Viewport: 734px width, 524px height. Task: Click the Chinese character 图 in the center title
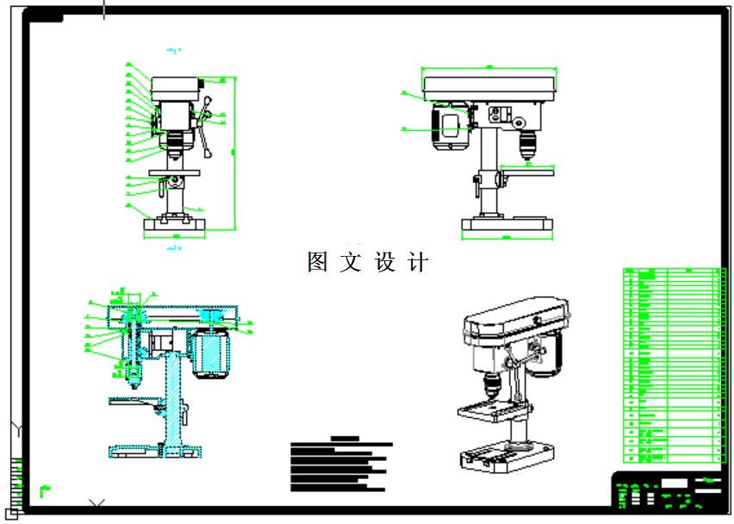coord(317,262)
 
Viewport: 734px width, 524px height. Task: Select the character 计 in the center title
coord(418,262)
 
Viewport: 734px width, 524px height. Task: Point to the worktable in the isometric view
coord(487,410)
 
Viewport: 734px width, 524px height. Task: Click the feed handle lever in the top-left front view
coord(206,129)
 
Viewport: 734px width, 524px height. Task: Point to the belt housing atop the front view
coord(176,86)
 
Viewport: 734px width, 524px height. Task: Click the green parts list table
coord(670,366)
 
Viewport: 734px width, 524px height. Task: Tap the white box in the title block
coord(675,483)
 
